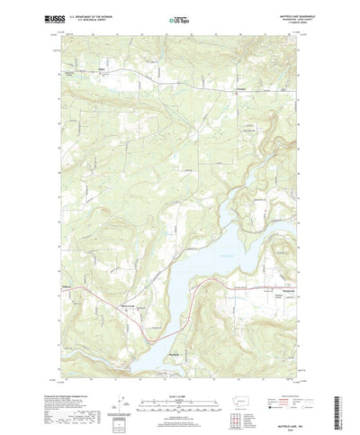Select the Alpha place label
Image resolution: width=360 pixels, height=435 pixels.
tap(103, 67)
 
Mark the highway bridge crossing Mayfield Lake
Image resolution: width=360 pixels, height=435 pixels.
tap(201, 283)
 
